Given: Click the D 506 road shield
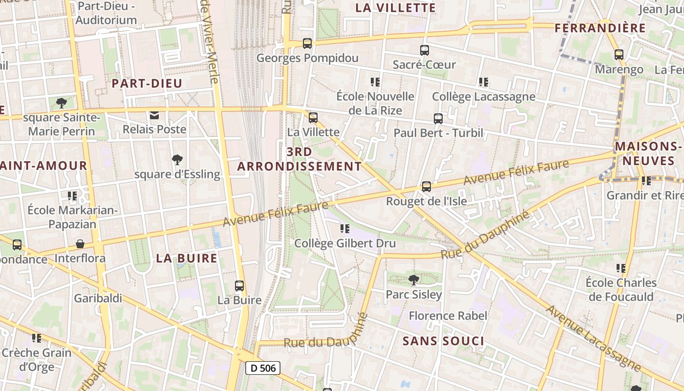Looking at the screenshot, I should coord(262,368).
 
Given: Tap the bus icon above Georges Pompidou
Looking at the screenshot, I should coord(307,43).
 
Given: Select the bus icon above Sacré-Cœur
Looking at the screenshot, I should coord(425,50).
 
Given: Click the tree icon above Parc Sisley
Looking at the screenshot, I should coord(414,280).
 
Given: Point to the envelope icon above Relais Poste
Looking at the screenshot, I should coord(154,116).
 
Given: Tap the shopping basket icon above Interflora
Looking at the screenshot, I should coord(80,244).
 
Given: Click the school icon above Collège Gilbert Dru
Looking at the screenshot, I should coord(345,229).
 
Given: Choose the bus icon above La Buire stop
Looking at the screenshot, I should coord(239,286).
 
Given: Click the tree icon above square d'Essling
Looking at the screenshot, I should coord(177,159).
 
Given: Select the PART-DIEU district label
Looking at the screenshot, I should coord(147,84).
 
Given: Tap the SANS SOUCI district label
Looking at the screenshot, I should coord(444,341).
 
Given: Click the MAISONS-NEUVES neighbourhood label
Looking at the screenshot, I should coord(648,153).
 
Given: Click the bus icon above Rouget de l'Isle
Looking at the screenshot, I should coord(427,187).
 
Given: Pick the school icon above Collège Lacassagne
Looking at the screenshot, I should coord(484,82).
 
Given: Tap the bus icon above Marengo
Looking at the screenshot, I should coord(619,55).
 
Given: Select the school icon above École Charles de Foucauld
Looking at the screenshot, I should coord(621,268).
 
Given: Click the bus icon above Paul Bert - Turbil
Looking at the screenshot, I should coord(438,119).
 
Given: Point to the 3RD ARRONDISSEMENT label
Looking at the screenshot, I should coord(299,159).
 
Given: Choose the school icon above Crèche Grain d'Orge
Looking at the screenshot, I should coord(37,338).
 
